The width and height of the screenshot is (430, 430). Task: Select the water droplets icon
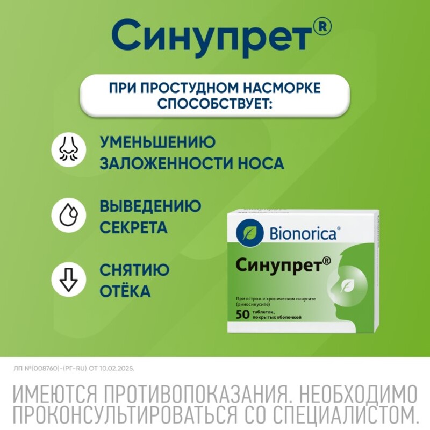point(69,214)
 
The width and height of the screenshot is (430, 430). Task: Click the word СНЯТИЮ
point(135,270)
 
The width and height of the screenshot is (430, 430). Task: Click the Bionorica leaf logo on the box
point(249,233)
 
